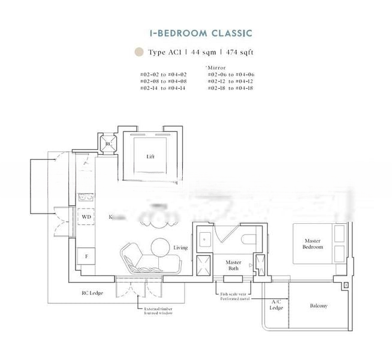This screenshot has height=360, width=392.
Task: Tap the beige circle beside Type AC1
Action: pos(139,52)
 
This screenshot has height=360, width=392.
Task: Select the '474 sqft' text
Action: pos(237,52)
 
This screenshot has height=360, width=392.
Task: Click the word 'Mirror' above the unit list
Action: pos(215,68)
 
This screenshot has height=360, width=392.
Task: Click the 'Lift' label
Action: pos(151,157)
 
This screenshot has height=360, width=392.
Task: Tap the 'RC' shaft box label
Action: pos(108,144)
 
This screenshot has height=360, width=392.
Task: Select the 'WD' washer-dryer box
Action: pos(86,217)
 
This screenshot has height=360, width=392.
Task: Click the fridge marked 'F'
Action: pos(86,256)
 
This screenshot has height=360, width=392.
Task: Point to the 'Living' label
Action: pos(180,247)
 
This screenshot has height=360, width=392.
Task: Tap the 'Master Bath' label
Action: pos(233,266)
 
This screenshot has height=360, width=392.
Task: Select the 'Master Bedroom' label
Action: pos(313,244)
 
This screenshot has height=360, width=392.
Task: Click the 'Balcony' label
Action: pos(318,306)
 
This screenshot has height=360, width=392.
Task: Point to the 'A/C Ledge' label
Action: pos(276,305)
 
